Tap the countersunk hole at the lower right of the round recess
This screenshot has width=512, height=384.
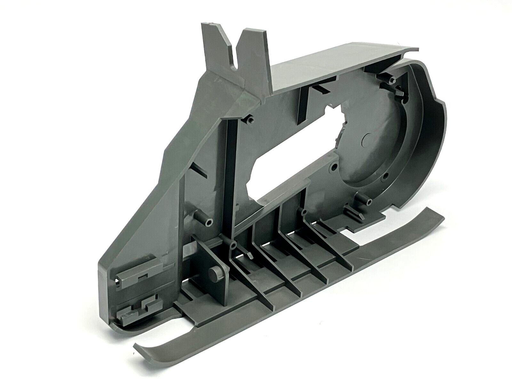pos(386,175)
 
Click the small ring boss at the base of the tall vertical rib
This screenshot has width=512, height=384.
pos(234,246)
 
